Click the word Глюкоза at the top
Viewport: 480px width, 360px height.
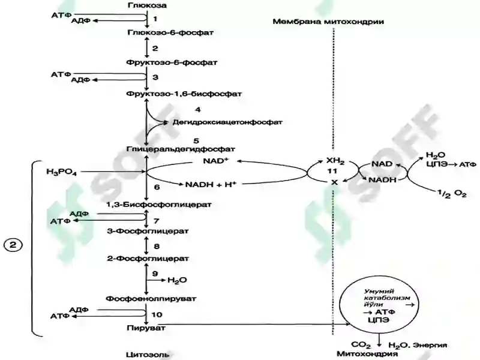point(147,5)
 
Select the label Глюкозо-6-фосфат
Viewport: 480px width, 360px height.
point(170,32)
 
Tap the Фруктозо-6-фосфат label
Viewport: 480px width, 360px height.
point(172,62)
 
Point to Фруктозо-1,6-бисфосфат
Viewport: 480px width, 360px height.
point(184,94)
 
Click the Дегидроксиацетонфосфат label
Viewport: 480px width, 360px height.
point(227,122)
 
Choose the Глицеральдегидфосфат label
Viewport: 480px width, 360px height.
point(181,149)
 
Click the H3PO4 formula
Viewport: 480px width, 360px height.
point(62,172)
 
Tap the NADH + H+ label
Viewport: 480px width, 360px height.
point(211,184)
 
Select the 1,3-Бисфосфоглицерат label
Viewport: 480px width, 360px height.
point(159,205)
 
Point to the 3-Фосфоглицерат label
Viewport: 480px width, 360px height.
point(148,231)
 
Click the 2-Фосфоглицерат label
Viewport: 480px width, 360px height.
point(148,259)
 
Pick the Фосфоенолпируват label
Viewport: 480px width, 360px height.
point(151,298)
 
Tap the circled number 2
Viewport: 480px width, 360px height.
point(13,245)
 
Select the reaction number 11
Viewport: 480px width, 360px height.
point(332,171)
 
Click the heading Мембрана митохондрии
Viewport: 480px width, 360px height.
point(328,22)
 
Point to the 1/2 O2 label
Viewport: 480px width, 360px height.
point(452,194)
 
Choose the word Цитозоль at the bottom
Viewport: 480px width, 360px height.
point(147,355)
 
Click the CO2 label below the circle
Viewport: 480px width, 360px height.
point(361,346)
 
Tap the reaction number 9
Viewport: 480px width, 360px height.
point(155,274)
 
